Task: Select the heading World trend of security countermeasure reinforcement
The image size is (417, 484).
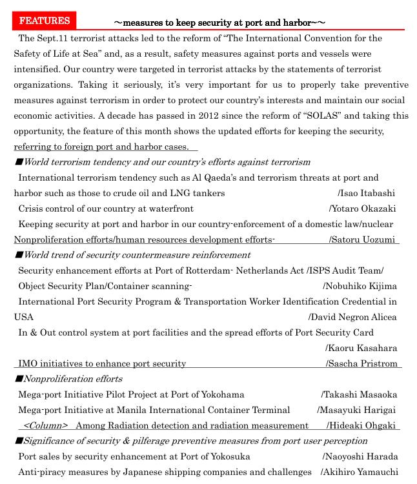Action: [136, 256]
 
